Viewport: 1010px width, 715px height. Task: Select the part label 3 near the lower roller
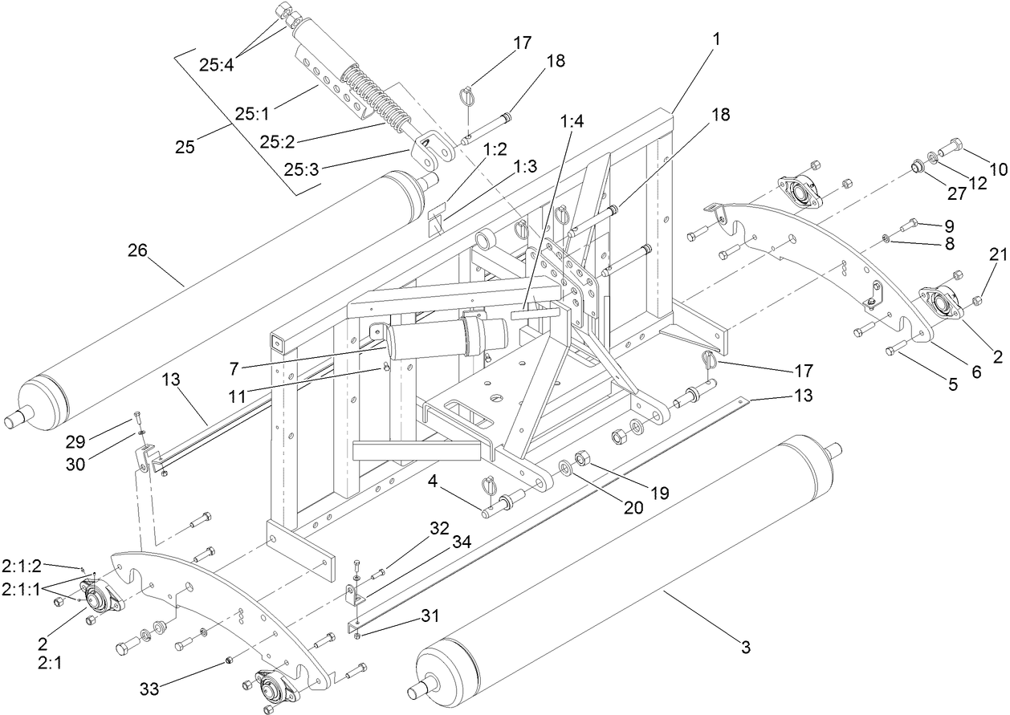coord(746,647)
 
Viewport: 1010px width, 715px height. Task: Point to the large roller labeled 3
coord(626,578)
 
